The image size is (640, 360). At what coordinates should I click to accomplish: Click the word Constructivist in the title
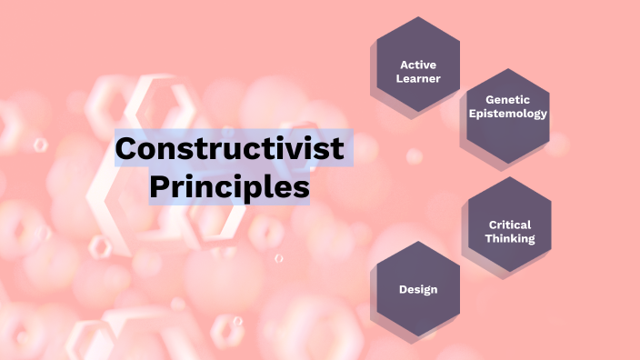(233, 148)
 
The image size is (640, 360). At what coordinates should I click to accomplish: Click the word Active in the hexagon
(418, 65)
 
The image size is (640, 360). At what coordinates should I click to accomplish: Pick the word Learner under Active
(418, 78)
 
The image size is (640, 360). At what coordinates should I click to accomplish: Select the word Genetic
(507, 100)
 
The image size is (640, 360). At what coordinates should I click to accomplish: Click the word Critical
(509, 225)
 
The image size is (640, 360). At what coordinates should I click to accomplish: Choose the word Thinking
(509, 238)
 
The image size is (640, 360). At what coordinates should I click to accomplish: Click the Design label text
(418, 289)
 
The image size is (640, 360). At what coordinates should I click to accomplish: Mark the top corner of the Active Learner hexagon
(418, 17)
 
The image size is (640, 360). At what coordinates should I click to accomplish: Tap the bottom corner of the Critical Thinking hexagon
(509, 272)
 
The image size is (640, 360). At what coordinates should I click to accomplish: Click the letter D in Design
(403, 289)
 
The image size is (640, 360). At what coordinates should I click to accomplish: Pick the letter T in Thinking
(488, 238)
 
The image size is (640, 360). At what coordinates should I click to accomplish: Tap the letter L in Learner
(399, 78)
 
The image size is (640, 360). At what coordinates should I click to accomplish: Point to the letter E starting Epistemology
(471, 114)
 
